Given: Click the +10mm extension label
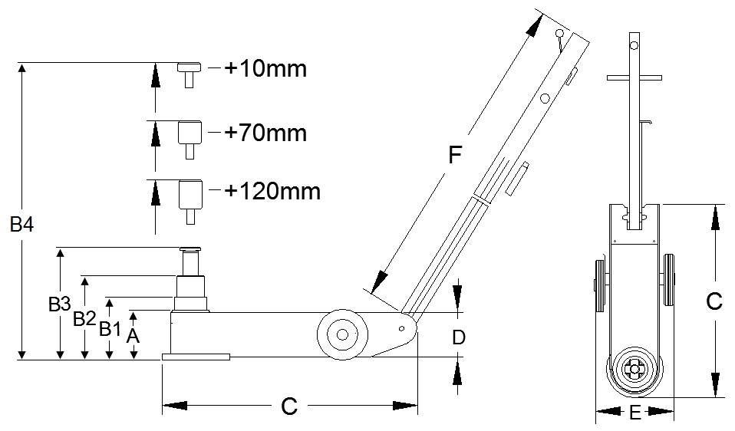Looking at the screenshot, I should (x=265, y=70).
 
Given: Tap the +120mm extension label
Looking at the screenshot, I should (x=272, y=189).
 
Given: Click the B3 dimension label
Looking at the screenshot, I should (x=59, y=304).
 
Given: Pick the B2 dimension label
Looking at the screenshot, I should (x=84, y=318).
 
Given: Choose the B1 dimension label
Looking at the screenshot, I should (x=110, y=329).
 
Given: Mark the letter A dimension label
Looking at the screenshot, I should (x=133, y=335).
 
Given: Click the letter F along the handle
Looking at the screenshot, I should (x=455, y=156).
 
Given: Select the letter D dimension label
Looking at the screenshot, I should (x=458, y=337).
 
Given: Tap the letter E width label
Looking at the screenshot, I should (x=634, y=413).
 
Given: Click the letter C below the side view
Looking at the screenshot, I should (x=288, y=406).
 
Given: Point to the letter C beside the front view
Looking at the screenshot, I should (x=714, y=301).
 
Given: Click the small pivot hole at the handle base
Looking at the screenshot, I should (x=400, y=327).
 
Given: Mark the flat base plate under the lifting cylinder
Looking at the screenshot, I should (x=196, y=357).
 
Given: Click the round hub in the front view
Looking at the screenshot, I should (x=634, y=370).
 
